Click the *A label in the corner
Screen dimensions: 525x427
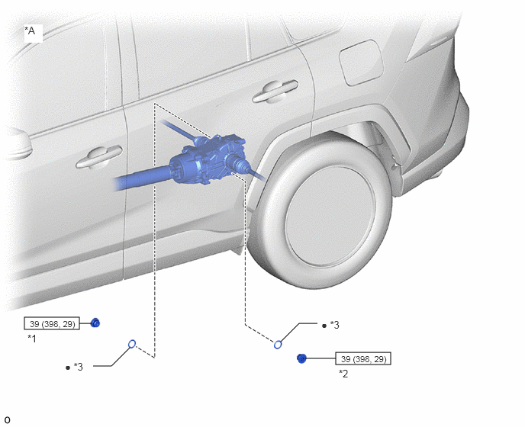[30, 30]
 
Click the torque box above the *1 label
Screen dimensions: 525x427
[52, 323]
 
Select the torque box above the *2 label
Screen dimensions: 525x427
[363, 358]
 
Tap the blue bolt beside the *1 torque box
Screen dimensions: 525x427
[95, 323]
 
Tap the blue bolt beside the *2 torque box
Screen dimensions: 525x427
[301, 358]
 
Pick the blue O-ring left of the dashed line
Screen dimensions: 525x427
[132, 344]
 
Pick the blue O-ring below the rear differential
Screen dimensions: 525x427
[278, 345]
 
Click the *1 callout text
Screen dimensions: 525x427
[32, 339]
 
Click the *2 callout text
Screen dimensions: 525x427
[343, 374]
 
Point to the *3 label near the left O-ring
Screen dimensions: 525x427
[79, 367]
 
